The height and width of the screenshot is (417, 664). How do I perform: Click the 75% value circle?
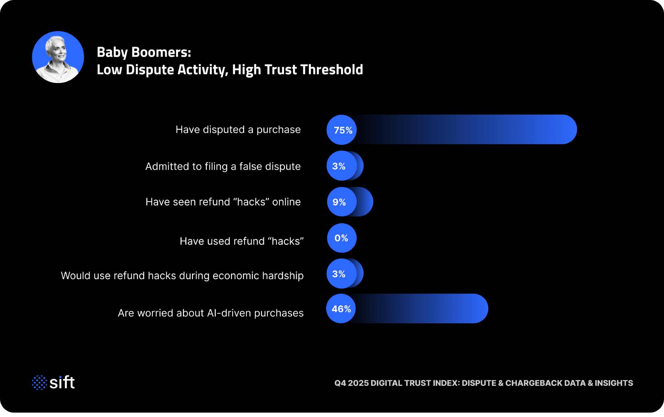pos(342,130)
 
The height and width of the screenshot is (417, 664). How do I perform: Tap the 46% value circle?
pos(341,309)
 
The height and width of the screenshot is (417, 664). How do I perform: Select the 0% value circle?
pos(342,238)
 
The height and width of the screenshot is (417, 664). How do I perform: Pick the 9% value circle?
pos(342,202)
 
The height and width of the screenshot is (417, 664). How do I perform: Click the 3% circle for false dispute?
pos(341,166)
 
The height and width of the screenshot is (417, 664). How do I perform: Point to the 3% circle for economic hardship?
pos(341,274)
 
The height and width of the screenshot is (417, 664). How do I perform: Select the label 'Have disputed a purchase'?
pos(238,130)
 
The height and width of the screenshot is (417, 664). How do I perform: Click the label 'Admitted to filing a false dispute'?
pos(223,166)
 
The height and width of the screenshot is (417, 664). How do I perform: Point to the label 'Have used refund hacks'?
pos(241,241)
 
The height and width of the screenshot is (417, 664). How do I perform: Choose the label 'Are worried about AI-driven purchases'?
pos(210,313)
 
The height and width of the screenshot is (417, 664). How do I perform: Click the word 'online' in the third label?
pos(286,202)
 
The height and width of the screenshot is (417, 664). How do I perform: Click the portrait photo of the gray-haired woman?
pos(58,57)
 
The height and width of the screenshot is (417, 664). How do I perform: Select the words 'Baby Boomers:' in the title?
pos(144,52)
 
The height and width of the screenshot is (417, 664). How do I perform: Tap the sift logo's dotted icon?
pos(39,382)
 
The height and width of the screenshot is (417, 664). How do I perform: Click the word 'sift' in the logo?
pos(62,382)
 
